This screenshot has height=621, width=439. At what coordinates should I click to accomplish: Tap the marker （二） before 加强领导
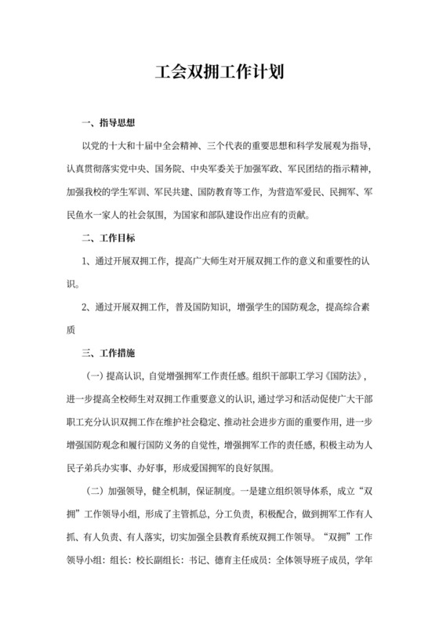tap(95, 492)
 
